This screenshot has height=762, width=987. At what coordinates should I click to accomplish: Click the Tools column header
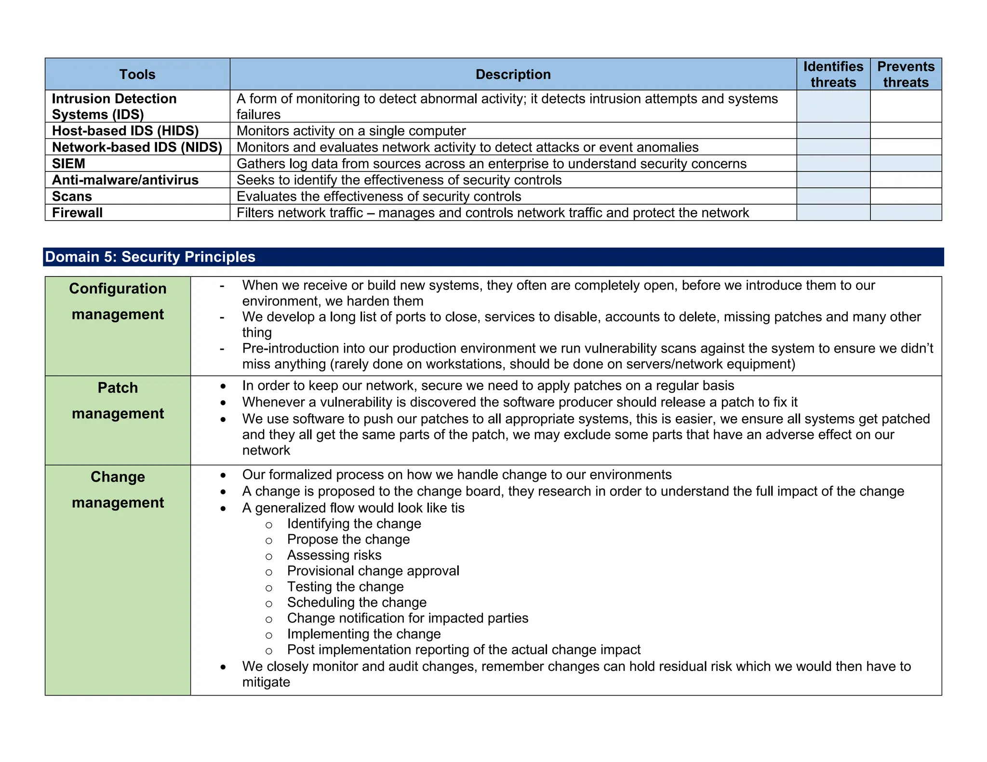point(137,74)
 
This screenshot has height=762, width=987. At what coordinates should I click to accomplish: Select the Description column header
point(513,74)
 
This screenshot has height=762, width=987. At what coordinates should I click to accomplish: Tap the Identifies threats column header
point(833,74)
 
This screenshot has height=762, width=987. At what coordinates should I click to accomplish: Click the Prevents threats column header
point(906,74)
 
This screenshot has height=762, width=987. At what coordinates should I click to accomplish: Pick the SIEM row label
point(68,164)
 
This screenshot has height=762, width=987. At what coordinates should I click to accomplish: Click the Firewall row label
point(77,213)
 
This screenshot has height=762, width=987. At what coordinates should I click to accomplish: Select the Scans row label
point(72,197)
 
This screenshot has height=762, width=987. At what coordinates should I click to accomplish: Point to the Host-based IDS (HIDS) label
point(125,131)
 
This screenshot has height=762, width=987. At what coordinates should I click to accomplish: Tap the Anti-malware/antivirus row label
point(125,180)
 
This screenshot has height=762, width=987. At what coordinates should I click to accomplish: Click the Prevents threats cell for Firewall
point(906,213)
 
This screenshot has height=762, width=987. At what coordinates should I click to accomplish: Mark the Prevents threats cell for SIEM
point(906,164)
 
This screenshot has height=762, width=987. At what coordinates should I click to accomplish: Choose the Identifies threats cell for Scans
point(833,197)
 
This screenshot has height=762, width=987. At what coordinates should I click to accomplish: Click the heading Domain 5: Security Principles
point(150,257)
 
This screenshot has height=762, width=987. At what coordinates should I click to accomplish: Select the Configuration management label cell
point(118,301)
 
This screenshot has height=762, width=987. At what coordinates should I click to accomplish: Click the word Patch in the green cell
point(118,388)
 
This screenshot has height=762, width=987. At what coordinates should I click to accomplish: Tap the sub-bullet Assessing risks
point(334,555)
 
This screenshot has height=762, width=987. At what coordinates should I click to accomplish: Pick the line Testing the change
point(345,587)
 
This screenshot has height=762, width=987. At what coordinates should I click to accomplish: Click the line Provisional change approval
point(373,571)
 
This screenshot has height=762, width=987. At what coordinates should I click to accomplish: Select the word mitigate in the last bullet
point(266,683)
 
